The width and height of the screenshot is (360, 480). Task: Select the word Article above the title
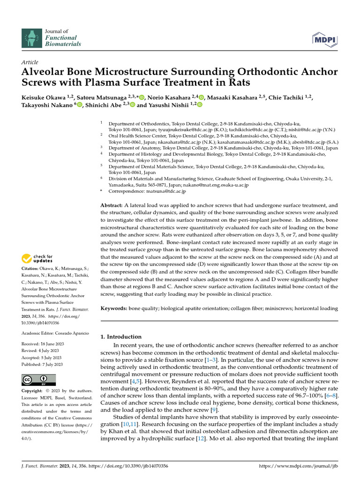point(30,62)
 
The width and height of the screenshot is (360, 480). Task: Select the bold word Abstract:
point(112,206)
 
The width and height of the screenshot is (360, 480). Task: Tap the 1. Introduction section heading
point(121,337)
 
